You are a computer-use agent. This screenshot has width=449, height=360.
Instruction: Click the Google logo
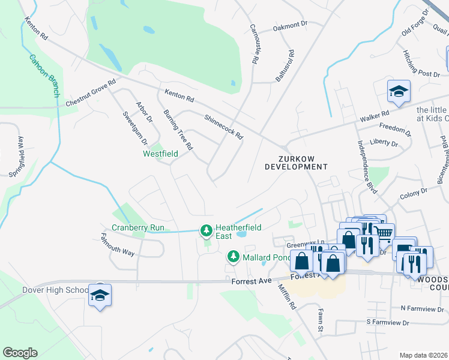point(20,353)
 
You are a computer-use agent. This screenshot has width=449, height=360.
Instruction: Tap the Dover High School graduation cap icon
point(100,295)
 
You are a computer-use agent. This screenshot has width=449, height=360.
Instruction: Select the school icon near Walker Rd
point(398,91)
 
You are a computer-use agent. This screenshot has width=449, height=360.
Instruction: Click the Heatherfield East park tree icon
point(206,230)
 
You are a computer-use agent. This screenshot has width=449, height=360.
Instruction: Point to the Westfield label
point(160,154)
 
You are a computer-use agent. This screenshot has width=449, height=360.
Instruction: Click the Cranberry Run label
point(138,227)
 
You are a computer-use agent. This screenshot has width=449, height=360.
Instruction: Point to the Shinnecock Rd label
point(223,127)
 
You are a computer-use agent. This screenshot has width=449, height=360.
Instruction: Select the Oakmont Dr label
point(290,27)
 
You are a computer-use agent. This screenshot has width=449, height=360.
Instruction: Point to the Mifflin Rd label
point(287,296)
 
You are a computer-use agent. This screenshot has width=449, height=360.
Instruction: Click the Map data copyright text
point(424,355)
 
